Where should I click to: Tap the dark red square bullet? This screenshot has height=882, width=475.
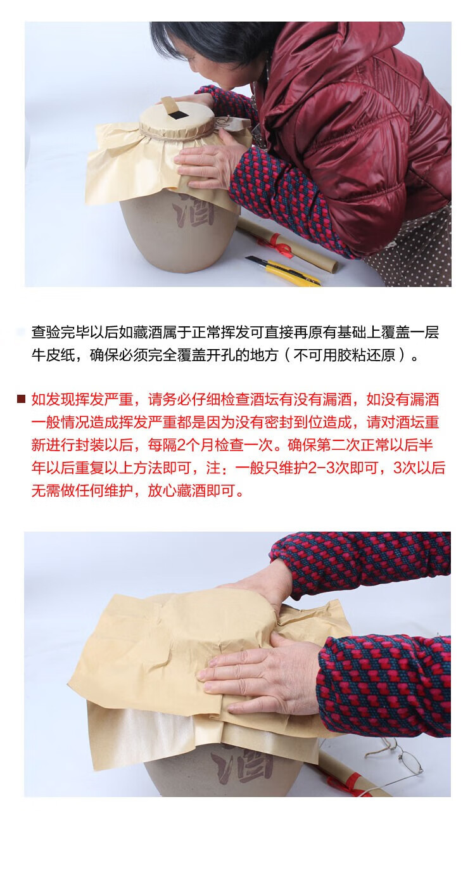pyautogui.click(x=22, y=399)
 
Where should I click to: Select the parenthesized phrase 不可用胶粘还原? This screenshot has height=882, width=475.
pyautogui.click(x=343, y=355)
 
